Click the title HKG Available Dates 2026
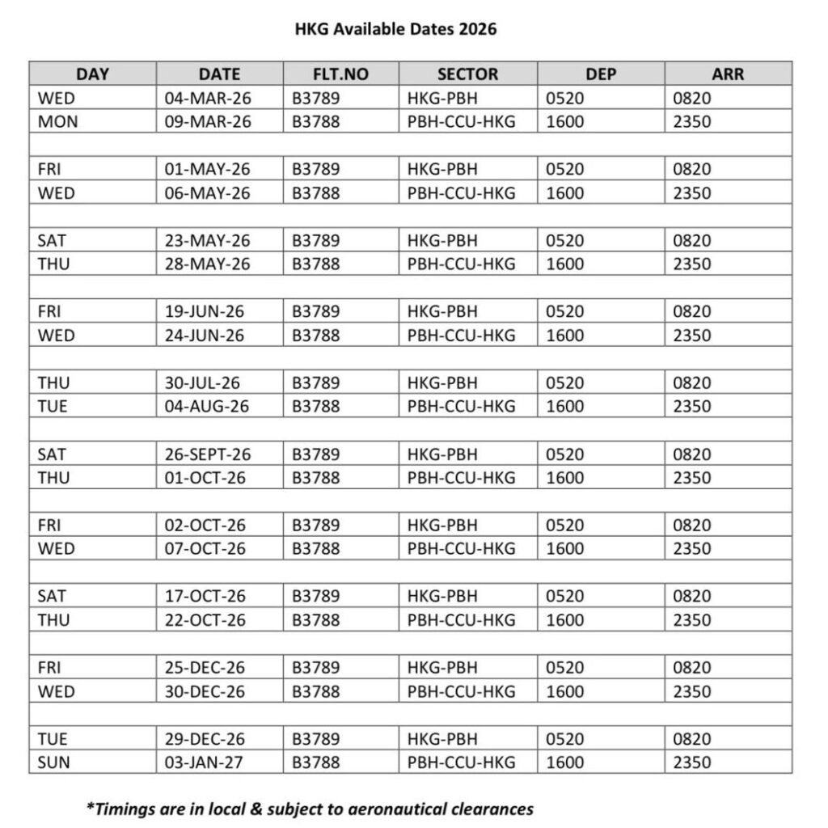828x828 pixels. pyautogui.click(x=395, y=30)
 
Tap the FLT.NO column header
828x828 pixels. pyautogui.click(x=340, y=74)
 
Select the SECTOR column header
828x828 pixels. pyautogui.click(x=467, y=74)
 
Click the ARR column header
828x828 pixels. pyautogui.click(x=728, y=74)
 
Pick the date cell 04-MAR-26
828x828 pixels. pyautogui.click(x=208, y=99)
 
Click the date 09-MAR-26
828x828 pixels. pyautogui.click(x=208, y=122)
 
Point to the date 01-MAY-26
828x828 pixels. pyautogui.click(x=208, y=170)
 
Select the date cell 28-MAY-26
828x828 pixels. pyautogui.click(x=208, y=264)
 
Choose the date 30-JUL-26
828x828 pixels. pyautogui.click(x=202, y=383)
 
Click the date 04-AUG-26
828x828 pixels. pyautogui.click(x=208, y=407)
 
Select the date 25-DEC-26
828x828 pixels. pyautogui.click(x=206, y=668)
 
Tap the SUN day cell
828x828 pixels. pyautogui.click(x=53, y=763)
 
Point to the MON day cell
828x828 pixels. pyautogui.click(x=55, y=122)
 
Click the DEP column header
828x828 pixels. pyautogui.click(x=601, y=74)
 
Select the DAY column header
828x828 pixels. pyautogui.click(x=92, y=74)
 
